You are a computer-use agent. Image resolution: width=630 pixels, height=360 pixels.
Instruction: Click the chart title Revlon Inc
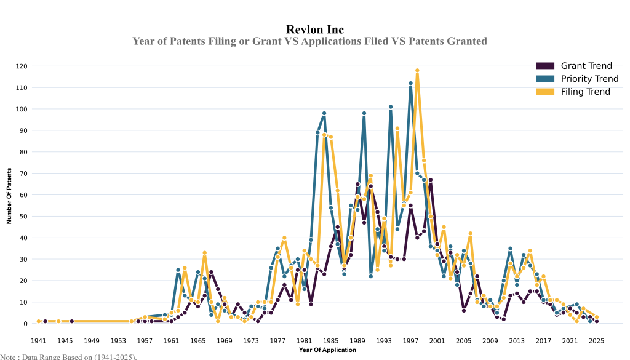point(315,30)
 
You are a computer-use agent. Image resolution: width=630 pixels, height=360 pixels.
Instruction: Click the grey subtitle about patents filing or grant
point(309,41)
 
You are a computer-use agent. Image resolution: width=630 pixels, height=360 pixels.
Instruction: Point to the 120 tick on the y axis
point(22,66)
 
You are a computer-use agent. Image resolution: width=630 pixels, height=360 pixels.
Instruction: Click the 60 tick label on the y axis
point(23,194)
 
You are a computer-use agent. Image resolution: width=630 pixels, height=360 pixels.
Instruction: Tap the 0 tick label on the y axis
point(25,324)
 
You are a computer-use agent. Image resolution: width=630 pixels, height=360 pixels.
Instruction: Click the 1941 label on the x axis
point(38,340)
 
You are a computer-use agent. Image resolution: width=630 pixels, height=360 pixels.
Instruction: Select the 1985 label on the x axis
point(330,340)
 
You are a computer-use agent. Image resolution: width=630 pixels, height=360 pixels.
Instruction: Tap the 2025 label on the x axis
point(596,340)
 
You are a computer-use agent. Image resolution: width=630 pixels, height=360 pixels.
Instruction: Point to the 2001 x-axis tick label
point(437,340)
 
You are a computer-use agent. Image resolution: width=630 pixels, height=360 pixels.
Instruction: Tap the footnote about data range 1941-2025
point(68,356)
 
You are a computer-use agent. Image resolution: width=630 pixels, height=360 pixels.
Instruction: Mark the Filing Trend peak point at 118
point(417,70)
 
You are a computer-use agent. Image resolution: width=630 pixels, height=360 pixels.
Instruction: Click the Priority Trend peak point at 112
point(410,83)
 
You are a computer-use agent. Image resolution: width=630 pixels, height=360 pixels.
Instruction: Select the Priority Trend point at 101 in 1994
point(391,107)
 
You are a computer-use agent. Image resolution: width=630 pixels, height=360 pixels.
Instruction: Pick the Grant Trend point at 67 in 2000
point(430,180)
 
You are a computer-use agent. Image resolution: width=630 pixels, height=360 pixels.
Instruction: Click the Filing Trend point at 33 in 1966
point(205,253)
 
